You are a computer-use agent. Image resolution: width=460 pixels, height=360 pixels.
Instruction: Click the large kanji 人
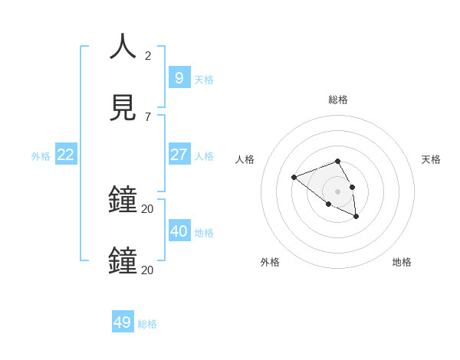[123, 47]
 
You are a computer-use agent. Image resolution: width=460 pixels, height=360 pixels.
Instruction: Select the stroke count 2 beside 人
[148, 55]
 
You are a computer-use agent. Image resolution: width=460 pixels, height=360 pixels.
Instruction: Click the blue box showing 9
[179, 77]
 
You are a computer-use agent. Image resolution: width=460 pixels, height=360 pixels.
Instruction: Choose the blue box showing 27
[179, 154]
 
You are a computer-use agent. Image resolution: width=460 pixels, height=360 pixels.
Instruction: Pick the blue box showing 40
[179, 231]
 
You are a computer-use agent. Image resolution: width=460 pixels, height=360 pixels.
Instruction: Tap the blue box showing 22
[66, 154]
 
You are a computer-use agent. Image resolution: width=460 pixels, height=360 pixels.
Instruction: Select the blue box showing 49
[123, 322]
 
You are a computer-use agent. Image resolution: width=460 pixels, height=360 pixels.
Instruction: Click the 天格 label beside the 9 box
[204, 80]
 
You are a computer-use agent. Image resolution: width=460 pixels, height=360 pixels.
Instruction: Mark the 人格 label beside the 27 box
[204, 156]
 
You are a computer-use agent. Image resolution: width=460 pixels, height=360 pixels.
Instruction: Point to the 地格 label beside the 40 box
[204, 233]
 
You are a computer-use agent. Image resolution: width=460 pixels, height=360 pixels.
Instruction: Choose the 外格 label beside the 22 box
[41, 156]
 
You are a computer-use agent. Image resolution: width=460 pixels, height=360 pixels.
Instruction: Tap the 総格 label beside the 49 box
[147, 324]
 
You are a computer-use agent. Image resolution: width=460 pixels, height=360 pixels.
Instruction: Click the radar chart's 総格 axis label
[338, 100]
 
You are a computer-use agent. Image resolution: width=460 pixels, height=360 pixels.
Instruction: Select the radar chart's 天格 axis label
[432, 159]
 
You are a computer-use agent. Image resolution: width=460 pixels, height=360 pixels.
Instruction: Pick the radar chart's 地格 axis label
[402, 262]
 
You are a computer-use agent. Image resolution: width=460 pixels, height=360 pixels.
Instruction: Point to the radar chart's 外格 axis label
[270, 262]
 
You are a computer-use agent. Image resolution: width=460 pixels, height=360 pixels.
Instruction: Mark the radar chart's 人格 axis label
[245, 159]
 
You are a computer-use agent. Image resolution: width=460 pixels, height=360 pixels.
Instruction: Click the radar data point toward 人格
[294, 178]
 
